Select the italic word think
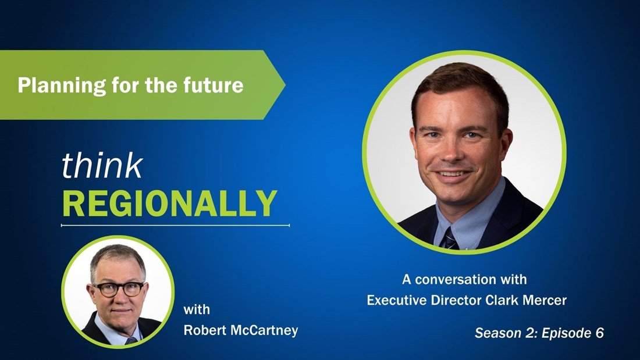pos(102,166)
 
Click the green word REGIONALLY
pos(169,204)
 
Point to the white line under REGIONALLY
pos(175,225)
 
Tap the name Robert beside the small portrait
pos(204,330)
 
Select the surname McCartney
pos(264,330)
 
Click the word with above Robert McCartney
pos(197,309)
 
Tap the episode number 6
pos(599,333)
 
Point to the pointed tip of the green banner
pos(285,85)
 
